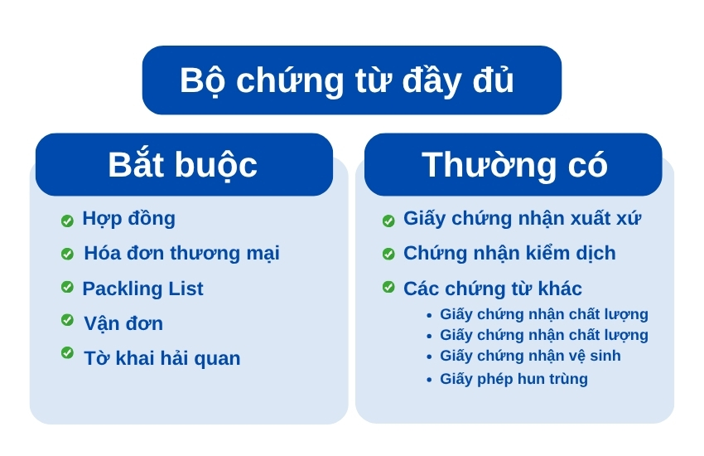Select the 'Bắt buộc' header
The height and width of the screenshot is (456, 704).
(x=182, y=165)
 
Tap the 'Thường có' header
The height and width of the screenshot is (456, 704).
(x=514, y=164)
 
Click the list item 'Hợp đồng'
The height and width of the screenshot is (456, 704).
(x=128, y=219)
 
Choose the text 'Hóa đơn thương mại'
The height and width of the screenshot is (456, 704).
(x=182, y=254)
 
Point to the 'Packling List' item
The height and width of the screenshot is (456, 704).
(x=142, y=289)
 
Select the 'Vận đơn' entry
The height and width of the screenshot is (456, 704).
(x=123, y=323)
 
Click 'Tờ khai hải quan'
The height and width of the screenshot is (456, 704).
(x=162, y=358)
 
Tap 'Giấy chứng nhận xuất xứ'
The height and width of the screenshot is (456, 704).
(x=522, y=219)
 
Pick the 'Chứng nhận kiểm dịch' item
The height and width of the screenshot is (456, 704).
(x=509, y=254)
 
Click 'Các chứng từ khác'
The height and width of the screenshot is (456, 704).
(x=493, y=289)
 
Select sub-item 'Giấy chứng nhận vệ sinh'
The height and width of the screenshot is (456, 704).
(x=530, y=356)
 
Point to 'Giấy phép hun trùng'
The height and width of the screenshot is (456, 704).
(x=514, y=379)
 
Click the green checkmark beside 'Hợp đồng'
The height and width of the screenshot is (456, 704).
(x=67, y=221)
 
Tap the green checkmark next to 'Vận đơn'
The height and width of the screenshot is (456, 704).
(x=67, y=320)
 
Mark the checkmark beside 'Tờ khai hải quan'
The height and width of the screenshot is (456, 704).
(x=67, y=352)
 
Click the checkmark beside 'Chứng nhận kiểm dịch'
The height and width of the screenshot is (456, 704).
(x=388, y=254)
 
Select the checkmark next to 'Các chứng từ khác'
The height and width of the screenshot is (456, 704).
(x=388, y=287)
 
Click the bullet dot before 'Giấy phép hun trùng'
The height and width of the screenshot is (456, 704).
(x=429, y=380)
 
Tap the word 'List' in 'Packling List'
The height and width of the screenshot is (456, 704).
(x=186, y=289)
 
